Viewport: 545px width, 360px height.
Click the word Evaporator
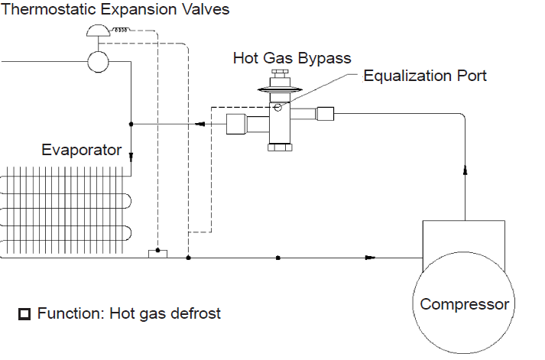81,150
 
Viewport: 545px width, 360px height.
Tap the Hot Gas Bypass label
292,58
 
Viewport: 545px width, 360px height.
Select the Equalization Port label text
425,76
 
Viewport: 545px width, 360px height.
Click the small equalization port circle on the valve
277,108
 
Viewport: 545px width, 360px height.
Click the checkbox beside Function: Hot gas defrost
24,314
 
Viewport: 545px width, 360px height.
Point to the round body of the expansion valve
98,62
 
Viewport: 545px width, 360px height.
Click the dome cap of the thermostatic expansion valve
99,31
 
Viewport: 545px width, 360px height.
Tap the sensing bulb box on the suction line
157,254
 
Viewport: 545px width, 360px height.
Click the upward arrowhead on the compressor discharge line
465,170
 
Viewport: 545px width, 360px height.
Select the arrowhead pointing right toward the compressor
370,258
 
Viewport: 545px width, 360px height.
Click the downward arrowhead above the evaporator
131,157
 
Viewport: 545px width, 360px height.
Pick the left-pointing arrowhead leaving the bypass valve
200,124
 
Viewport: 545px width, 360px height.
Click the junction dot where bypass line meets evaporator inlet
131,124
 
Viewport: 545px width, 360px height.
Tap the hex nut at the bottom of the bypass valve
280,147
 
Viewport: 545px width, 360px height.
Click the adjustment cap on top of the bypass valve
280,73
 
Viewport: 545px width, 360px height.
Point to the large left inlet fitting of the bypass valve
236,124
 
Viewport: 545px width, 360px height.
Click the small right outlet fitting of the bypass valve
326,114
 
